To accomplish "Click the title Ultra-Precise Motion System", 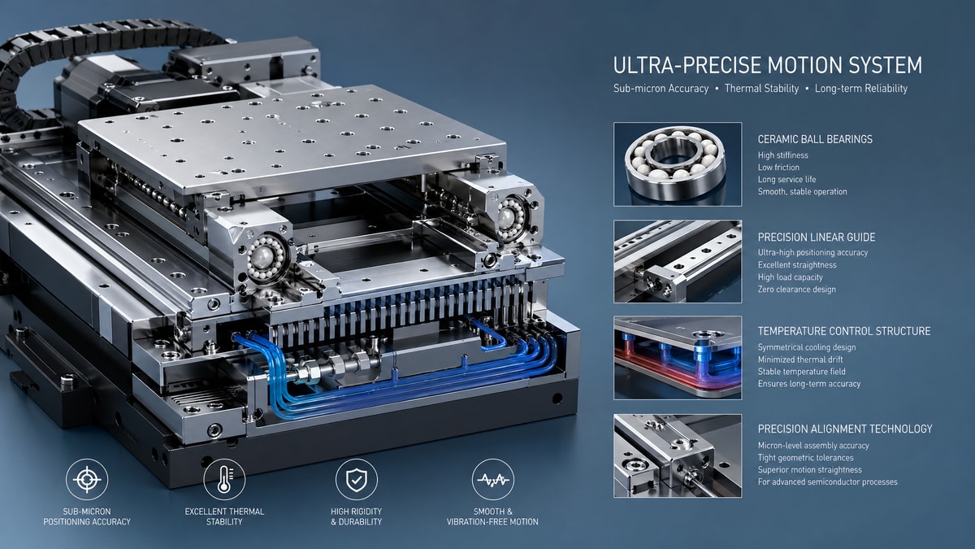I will (x=768, y=65).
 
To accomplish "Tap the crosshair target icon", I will (x=87, y=480).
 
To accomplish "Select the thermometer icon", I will (x=224, y=480).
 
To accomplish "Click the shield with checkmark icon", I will (x=356, y=480).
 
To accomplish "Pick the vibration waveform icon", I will (x=493, y=480).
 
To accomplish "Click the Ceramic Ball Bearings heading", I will (x=815, y=139).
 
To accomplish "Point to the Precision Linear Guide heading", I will (x=816, y=237).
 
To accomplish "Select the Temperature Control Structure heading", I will (x=843, y=331).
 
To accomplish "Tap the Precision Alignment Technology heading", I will (x=844, y=429).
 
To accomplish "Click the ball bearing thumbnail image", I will (x=678, y=163).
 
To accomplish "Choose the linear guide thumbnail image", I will (x=678, y=261).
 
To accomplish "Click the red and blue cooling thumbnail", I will (x=678, y=358).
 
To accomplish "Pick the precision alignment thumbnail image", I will (x=678, y=455).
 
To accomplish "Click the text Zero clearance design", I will (x=796, y=290).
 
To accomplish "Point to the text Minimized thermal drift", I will (x=799, y=359).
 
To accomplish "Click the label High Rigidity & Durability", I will (x=356, y=516).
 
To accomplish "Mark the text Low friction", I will (x=778, y=168).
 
